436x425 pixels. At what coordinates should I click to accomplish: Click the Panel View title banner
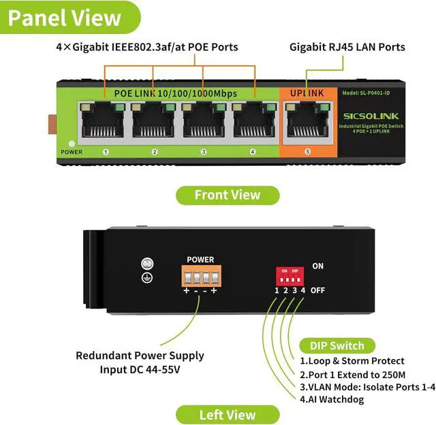tap(65, 18)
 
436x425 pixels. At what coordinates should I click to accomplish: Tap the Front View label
tap(228, 195)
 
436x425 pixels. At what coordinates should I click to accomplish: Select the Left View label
tap(228, 415)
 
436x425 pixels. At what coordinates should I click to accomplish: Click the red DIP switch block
tap(290, 276)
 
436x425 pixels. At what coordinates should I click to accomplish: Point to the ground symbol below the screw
tap(144, 277)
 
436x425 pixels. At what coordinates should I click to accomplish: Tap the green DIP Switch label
tap(337, 345)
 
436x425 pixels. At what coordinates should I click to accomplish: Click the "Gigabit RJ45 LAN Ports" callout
tap(347, 47)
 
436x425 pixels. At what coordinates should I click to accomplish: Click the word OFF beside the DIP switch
tap(317, 290)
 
